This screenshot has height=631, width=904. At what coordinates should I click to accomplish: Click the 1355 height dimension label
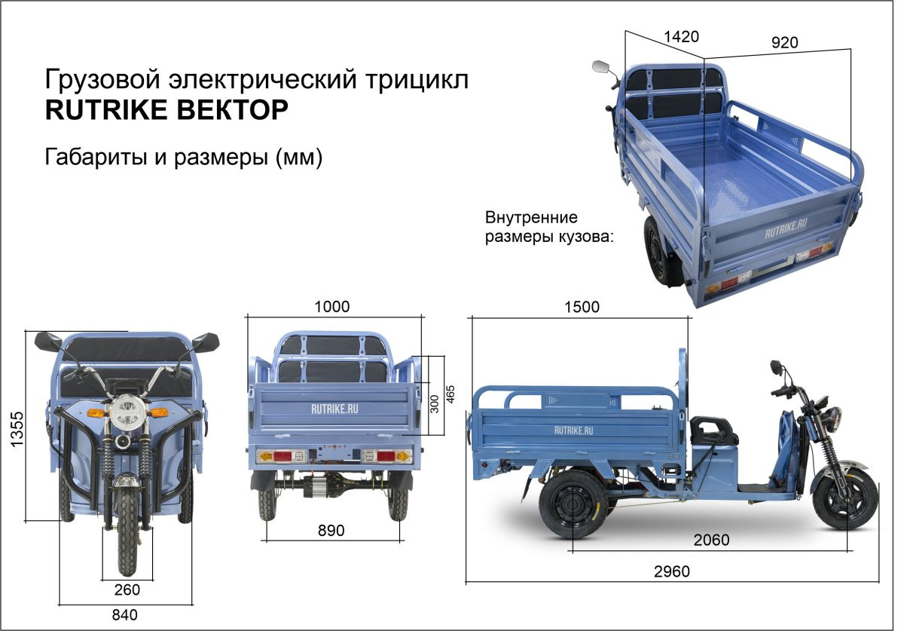click(17, 429)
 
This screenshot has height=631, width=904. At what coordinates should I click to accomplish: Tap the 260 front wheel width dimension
click(127, 590)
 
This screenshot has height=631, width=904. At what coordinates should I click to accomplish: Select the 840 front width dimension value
click(125, 615)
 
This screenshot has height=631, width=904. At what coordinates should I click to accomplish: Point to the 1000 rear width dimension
click(332, 307)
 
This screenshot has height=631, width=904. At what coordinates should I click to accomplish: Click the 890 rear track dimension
click(331, 531)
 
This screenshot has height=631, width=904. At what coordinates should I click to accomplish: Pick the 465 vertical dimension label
click(450, 394)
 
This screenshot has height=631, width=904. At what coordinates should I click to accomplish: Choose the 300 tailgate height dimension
click(434, 404)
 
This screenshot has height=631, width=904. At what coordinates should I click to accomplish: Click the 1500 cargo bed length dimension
click(582, 307)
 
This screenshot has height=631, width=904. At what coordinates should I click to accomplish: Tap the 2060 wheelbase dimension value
click(711, 540)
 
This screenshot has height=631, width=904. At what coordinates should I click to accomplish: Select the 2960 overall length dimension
click(672, 571)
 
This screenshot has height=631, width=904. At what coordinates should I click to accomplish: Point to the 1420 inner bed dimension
click(681, 37)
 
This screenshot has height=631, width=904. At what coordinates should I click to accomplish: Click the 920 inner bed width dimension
click(784, 42)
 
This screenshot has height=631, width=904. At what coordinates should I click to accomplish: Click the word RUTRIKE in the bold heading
click(106, 109)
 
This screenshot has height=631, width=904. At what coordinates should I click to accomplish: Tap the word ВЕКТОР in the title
click(233, 109)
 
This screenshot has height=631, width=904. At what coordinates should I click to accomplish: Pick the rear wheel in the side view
click(573, 504)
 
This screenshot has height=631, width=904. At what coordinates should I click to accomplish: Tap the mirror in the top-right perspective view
click(601, 67)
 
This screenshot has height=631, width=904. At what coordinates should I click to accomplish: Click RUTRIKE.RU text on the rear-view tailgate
click(334, 409)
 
